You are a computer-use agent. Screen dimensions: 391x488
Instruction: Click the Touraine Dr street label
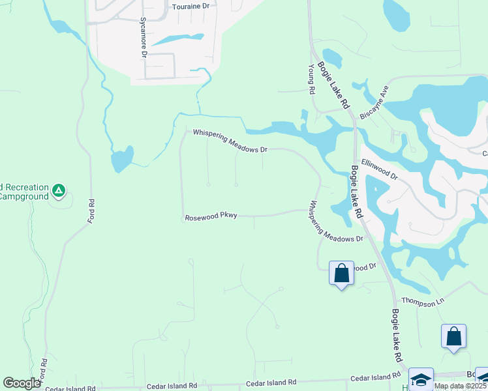coord(191,6)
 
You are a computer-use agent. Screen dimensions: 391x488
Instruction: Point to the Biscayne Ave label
coord(374,102)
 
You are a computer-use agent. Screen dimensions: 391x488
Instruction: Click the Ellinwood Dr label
coord(379,170)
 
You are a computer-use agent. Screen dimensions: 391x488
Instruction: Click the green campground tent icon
coord(59,191)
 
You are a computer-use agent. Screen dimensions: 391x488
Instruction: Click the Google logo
coord(22,383)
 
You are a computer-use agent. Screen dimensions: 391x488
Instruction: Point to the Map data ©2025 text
coord(461,386)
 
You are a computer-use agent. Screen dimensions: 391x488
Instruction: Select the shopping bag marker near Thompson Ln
coord(453,337)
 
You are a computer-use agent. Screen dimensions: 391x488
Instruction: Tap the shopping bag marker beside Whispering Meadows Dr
coord(341,273)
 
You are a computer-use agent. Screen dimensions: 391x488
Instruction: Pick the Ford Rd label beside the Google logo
coord(44,370)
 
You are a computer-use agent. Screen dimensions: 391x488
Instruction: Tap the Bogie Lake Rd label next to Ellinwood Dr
coord(356,190)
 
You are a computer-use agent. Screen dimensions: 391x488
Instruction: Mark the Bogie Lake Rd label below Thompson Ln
coord(396,336)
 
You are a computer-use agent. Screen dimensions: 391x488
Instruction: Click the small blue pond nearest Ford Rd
coord(122,158)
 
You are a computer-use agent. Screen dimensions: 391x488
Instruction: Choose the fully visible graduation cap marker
coord(421,379)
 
